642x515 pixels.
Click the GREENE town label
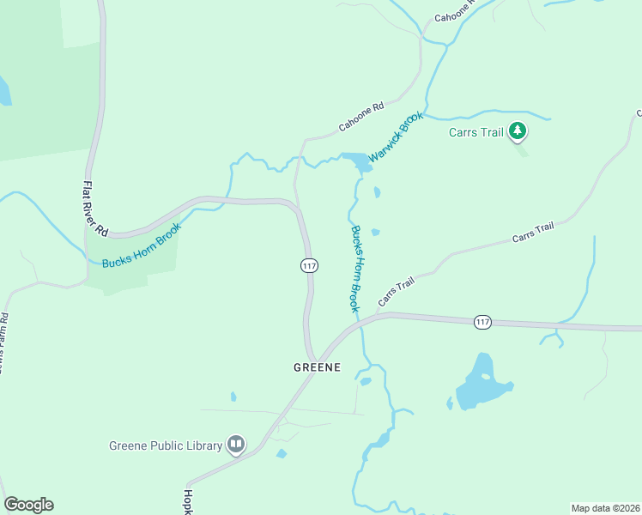pos(317,367)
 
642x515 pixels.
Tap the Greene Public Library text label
pos(166,445)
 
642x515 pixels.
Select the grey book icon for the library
pos(236,445)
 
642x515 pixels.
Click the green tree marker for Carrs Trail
pos(517,131)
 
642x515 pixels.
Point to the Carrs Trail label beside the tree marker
pos(475,132)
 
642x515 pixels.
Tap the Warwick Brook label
pos(396,137)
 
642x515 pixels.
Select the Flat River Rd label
pos(94,209)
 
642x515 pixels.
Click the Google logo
pos(28,505)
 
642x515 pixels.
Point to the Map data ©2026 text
pos(605,508)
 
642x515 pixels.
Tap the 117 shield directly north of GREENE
pos(309,265)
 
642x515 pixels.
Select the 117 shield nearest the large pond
pos(482,322)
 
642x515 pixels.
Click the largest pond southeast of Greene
pos(483,382)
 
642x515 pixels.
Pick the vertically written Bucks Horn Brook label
pos(356,267)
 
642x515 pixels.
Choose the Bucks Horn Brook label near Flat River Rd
pos(142,245)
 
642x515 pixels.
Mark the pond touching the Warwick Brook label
pos(357,161)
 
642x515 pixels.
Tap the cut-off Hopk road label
pos(187,502)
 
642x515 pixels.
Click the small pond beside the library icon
pos(282,453)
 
